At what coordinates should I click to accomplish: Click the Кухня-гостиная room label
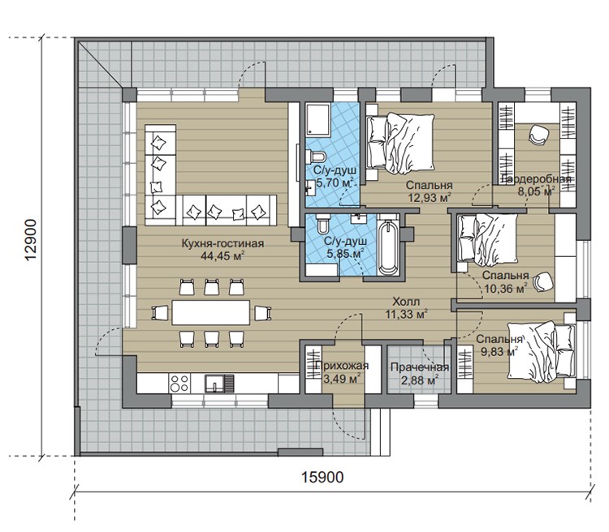click(x=222, y=243)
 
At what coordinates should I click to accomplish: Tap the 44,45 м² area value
click(x=222, y=255)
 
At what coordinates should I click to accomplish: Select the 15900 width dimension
click(x=322, y=477)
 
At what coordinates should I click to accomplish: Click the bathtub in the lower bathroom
click(x=388, y=247)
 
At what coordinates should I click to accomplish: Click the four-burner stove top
click(x=179, y=383)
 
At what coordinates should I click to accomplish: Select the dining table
click(x=211, y=312)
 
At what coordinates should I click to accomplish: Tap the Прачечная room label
click(x=420, y=367)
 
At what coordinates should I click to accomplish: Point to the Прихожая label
click(x=342, y=366)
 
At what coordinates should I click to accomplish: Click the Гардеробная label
click(x=537, y=179)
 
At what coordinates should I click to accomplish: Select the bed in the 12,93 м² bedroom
click(x=400, y=144)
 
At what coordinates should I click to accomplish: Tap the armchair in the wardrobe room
click(x=538, y=135)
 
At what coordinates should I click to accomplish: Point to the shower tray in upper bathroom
click(x=317, y=119)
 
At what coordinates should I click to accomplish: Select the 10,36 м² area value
click(x=505, y=289)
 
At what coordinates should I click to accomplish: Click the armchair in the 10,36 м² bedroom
click(x=543, y=282)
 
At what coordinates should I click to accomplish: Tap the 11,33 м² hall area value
click(x=406, y=314)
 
